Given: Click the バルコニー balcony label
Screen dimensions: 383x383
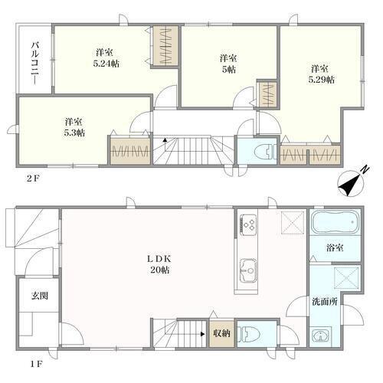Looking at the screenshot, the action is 35,64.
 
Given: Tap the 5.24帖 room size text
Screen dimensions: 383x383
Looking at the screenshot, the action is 106,64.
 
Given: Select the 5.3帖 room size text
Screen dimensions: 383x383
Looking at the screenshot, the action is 74,133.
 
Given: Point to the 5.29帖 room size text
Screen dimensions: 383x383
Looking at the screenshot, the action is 322,80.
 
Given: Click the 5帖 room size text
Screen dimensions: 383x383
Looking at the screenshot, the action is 228,70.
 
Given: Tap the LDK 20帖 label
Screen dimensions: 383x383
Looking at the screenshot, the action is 159,264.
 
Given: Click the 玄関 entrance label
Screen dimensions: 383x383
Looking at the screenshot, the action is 40,296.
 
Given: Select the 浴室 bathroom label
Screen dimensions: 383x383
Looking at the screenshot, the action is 335,247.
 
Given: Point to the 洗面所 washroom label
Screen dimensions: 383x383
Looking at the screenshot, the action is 325,302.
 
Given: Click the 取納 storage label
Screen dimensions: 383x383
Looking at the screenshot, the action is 222,333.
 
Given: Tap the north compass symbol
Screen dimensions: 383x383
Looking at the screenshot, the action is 352,182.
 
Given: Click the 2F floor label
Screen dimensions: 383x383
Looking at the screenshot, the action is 34,178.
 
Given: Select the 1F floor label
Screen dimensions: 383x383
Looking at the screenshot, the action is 36,364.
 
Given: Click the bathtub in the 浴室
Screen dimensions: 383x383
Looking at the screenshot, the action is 335,221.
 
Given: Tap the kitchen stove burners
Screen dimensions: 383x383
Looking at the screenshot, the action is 248,224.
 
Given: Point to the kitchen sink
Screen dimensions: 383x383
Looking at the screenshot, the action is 248,270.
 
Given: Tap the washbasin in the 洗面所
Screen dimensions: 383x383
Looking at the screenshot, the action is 320,336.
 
